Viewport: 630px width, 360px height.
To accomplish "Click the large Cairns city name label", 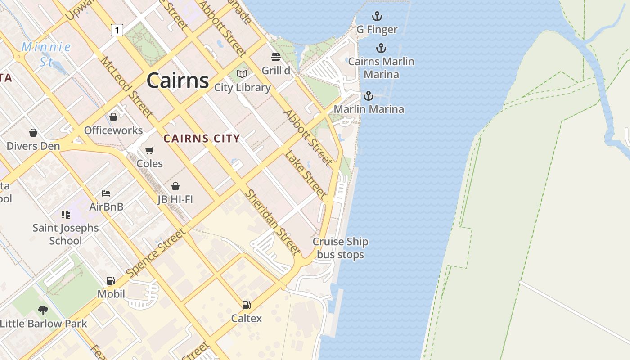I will [x=178, y=81].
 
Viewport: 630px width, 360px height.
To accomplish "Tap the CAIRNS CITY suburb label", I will [x=202, y=139].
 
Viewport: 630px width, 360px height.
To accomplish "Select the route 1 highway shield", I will [x=117, y=30].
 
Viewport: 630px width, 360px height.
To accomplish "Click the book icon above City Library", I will [x=242, y=74].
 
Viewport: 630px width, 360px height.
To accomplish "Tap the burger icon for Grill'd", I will [x=276, y=57].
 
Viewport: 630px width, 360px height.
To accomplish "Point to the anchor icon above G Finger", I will [x=377, y=17].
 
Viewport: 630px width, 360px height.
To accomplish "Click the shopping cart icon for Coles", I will [x=149, y=150].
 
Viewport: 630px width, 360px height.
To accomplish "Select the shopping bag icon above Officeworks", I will [x=113, y=117].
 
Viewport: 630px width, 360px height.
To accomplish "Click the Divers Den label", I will [x=33, y=146].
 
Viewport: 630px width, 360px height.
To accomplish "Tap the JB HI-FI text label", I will [x=175, y=199].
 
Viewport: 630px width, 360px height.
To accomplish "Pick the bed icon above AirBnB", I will [x=106, y=193].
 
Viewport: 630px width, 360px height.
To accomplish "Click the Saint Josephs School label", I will [x=66, y=234].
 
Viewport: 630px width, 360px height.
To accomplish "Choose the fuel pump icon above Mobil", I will [x=111, y=281].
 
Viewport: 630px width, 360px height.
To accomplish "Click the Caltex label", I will [x=246, y=319].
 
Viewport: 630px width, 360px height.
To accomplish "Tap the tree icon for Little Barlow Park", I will [x=43, y=310].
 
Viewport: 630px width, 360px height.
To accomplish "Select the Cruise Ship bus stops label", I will [x=341, y=248].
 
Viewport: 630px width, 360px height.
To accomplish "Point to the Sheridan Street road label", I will [x=272, y=221].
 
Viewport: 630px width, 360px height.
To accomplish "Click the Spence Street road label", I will [x=156, y=253].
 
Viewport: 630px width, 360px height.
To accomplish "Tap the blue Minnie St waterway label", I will [x=46, y=54].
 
